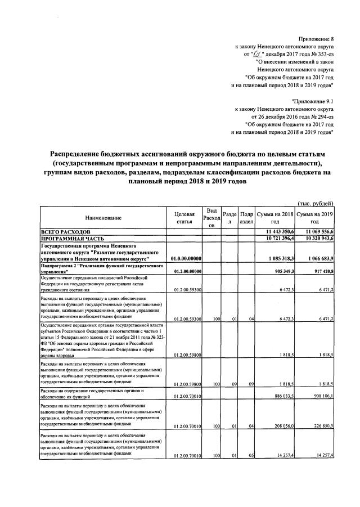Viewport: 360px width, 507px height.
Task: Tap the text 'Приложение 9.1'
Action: [312, 99]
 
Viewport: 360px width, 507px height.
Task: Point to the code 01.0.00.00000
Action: [185, 258]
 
